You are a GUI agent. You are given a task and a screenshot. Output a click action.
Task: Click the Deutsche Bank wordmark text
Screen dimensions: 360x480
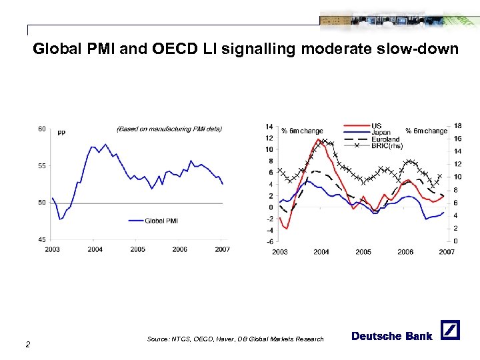[x=391, y=336]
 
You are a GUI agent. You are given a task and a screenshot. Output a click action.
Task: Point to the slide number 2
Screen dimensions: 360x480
[x=27, y=344]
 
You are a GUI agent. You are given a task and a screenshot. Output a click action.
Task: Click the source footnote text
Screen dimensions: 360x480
[x=235, y=339]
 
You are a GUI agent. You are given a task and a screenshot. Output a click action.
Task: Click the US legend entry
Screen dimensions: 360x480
[x=377, y=125]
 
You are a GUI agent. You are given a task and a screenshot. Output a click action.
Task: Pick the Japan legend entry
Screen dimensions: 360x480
[x=381, y=132]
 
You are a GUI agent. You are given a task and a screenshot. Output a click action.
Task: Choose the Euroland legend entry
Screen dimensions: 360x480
[x=385, y=139]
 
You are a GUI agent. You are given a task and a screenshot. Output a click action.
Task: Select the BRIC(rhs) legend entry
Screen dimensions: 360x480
[x=387, y=145]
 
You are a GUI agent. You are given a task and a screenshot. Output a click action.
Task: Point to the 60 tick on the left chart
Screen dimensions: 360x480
[x=41, y=129]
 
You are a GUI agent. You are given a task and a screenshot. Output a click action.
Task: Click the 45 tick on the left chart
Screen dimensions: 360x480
[x=41, y=239]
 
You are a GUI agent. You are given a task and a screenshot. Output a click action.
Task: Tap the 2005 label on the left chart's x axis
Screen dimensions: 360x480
[x=137, y=249]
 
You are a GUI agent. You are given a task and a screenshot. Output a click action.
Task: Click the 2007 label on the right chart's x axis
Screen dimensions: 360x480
[x=446, y=252]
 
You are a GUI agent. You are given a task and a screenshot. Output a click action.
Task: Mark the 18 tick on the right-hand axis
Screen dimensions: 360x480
[x=457, y=126]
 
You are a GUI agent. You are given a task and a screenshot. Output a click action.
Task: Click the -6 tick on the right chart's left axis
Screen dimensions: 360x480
[x=269, y=241]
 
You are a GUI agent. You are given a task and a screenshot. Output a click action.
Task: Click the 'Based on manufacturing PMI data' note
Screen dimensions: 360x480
[x=169, y=129]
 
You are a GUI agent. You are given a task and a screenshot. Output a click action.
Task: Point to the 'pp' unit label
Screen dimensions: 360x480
[x=61, y=132]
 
